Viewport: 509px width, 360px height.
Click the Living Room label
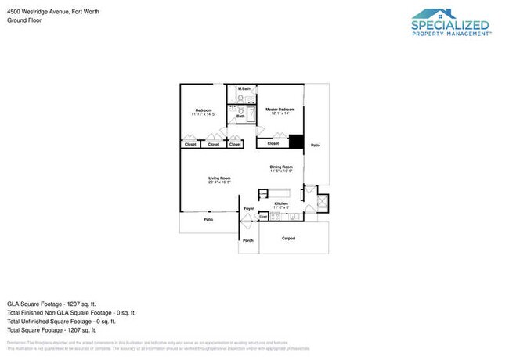pyautogui.click(x=218, y=178)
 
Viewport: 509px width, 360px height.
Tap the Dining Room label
pyautogui.click(x=281, y=166)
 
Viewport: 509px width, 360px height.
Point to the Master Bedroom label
pyautogui.click(x=280, y=109)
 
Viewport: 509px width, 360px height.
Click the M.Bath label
pyautogui.click(x=245, y=88)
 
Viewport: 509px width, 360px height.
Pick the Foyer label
pyautogui.click(x=248, y=208)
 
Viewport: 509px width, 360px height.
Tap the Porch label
pyautogui.click(x=248, y=240)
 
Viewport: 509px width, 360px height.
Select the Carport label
pyautogui.click(x=288, y=238)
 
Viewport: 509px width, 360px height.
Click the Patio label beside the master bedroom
pyautogui.click(x=315, y=146)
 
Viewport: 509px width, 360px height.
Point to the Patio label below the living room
pyautogui.click(x=208, y=220)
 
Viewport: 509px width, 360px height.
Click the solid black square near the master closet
pyautogui.click(x=296, y=142)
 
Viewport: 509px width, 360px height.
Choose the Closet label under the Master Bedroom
pyautogui.click(x=273, y=143)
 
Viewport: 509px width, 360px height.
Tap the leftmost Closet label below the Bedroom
pyautogui.click(x=190, y=144)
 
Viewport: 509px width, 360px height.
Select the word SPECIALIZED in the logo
pyautogui.click(x=451, y=25)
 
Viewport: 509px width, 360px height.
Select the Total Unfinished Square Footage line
pyautogui.click(x=61, y=321)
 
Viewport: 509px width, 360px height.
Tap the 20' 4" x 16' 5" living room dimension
pyautogui.click(x=218, y=182)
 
